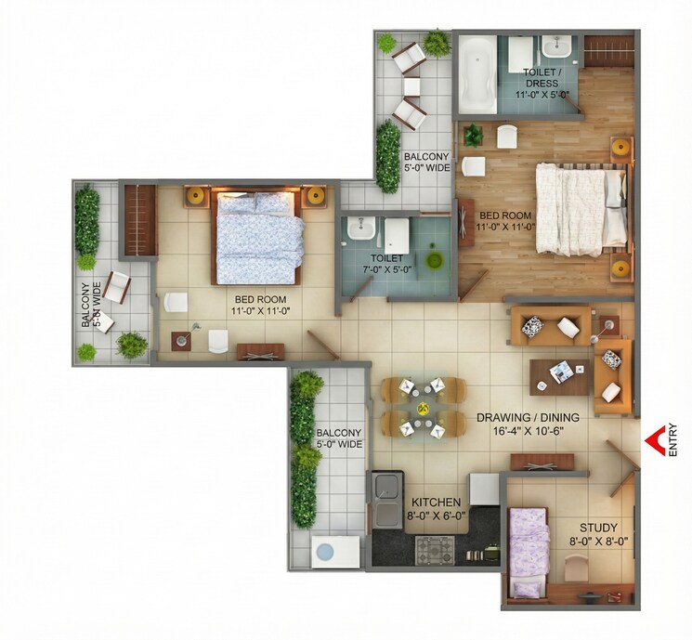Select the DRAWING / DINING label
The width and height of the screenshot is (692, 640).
pyautogui.click(x=528, y=417)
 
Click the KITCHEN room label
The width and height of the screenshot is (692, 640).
pyautogui.click(x=436, y=503)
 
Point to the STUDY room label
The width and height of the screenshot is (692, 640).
pyautogui.click(x=592, y=527)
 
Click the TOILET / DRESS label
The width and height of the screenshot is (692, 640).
pyautogui.click(x=542, y=76)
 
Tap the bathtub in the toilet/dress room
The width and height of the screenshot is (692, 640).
pyautogui.click(x=479, y=71)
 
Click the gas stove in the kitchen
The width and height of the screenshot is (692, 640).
pyautogui.click(x=434, y=551)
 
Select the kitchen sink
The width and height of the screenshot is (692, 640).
pyautogui.click(x=386, y=503)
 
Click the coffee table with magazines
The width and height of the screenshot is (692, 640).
pyautogui.click(x=560, y=373)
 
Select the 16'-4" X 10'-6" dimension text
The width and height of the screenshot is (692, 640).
pyautogui.click(x=528, y=430)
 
